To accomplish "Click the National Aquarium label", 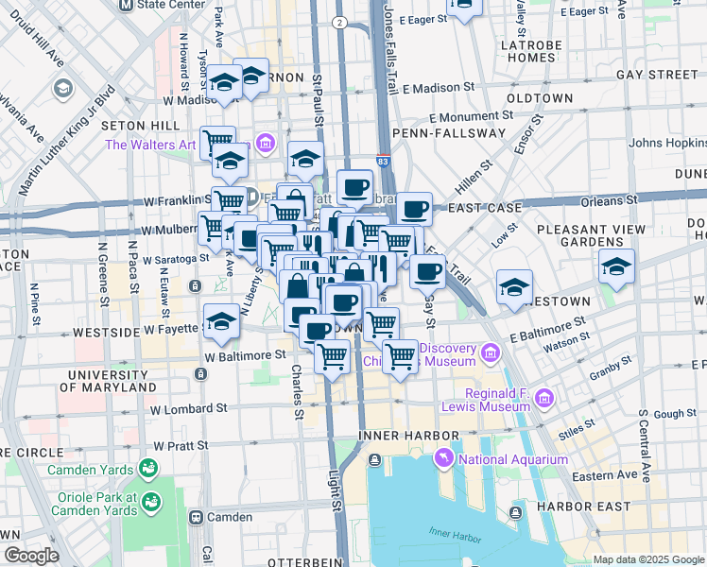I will [513, 460].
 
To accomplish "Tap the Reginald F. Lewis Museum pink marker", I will [543, 399].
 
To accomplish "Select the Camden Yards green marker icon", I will [147, 468].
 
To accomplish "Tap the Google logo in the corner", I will [30, 556].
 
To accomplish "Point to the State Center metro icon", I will [127, 5].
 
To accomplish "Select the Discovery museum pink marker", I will [490, 353].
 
